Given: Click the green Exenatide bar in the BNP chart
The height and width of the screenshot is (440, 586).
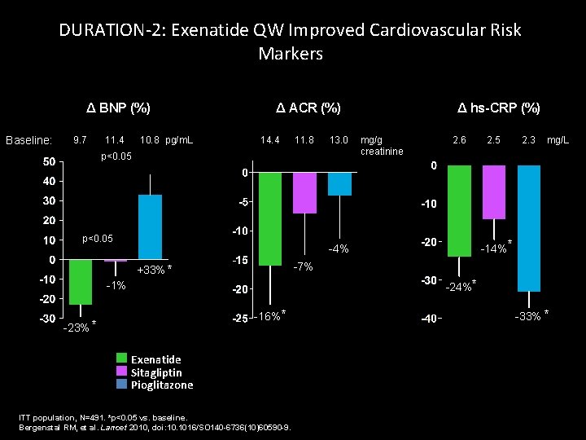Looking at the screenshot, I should pos(80,282).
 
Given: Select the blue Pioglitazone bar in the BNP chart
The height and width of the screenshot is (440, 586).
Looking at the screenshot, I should pos(150,227).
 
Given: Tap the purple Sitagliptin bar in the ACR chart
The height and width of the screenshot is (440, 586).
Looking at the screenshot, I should pos(304,192).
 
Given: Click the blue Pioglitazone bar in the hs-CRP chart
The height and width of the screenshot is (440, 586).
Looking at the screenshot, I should pos(528,228).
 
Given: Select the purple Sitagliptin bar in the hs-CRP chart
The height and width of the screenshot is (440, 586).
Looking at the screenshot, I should pos(493,192).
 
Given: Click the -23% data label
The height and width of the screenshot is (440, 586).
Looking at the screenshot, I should pos(76,328).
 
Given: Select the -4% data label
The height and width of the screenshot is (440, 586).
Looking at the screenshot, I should pos(338,249).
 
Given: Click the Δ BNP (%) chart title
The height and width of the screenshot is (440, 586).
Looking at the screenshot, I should pos(119,108).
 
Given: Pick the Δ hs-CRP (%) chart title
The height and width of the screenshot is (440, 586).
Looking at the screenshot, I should pos(499,108).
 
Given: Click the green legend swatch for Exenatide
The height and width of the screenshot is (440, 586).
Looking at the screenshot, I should pos(122,359).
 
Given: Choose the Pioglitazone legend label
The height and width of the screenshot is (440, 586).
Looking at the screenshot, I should pos(162,385).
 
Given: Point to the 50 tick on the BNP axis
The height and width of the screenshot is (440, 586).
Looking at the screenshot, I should pos(49,162).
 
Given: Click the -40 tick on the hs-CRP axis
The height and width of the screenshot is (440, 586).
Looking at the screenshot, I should pos(428,319).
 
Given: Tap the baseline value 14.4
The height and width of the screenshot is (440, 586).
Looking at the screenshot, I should pos(269,140).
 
